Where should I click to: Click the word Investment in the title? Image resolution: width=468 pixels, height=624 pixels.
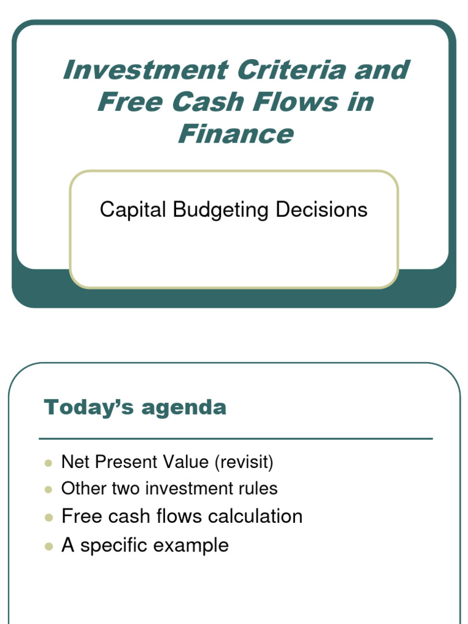(x=145, y=70)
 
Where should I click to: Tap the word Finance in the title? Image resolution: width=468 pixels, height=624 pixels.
(x=235, y=133)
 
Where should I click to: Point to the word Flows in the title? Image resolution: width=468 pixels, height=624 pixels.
(x=292, y=102)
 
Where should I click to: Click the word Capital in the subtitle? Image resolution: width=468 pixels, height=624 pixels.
(x=133, y=210)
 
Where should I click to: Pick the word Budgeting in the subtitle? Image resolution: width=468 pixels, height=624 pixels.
(x=221, y=210)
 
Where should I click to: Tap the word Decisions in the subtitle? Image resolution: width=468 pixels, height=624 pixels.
(x=321, y=210)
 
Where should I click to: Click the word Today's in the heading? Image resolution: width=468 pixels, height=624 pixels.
(x=88, y=407)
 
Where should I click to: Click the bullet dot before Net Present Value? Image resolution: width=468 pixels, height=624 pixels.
(x=49, y=463)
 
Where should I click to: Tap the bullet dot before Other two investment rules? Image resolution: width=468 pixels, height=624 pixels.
(x=49, y=489)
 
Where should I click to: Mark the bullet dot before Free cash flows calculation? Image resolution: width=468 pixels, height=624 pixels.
(x=49, y=517)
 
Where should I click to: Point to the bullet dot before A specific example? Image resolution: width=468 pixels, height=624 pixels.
(x=49, y=546)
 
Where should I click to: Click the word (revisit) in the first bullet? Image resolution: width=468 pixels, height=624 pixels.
(x=243, y=463)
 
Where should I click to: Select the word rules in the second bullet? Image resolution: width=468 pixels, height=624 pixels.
(x=259, y=488)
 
